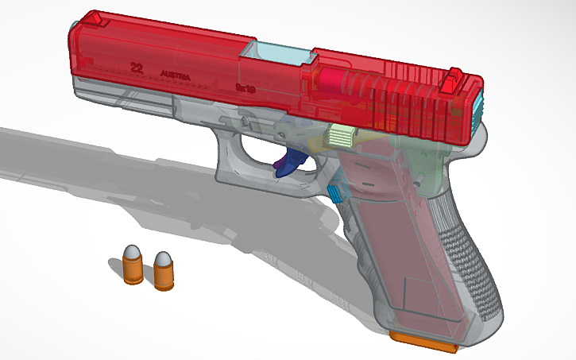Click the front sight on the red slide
[x=93, y=17]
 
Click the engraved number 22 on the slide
[x=136, y=68]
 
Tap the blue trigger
[x=289, y=163]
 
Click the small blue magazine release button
[x=334, y=192]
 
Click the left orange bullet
[x=133, y=267]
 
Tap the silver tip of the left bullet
[x=133, y=253]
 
